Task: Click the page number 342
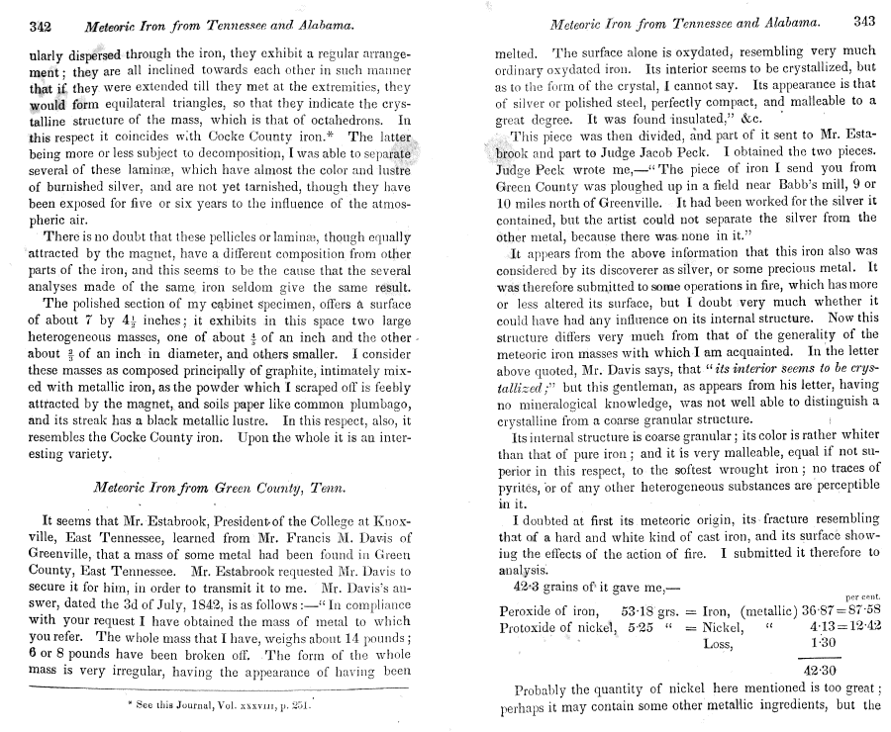pos(41,24)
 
